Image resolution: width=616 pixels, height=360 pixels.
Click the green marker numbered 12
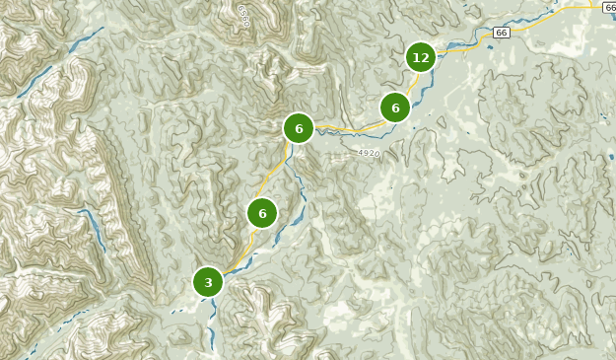421,57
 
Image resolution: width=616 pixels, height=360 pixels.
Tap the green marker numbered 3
208,282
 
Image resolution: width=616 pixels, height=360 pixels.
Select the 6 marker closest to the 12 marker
395,108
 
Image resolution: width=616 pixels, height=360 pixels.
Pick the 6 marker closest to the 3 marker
262,213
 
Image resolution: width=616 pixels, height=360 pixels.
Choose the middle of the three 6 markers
299,128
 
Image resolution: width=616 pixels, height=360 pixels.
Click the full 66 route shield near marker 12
501,33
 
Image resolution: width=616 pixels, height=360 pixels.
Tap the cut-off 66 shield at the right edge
610,7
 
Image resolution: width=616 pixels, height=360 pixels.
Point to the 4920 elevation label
369,153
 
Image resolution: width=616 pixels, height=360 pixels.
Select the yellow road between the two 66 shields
552,17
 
